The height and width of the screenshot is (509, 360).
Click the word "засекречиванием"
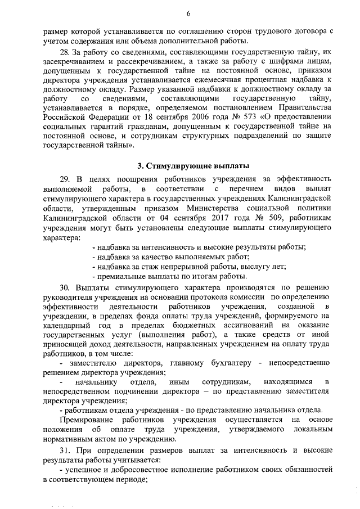pos(73,61)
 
